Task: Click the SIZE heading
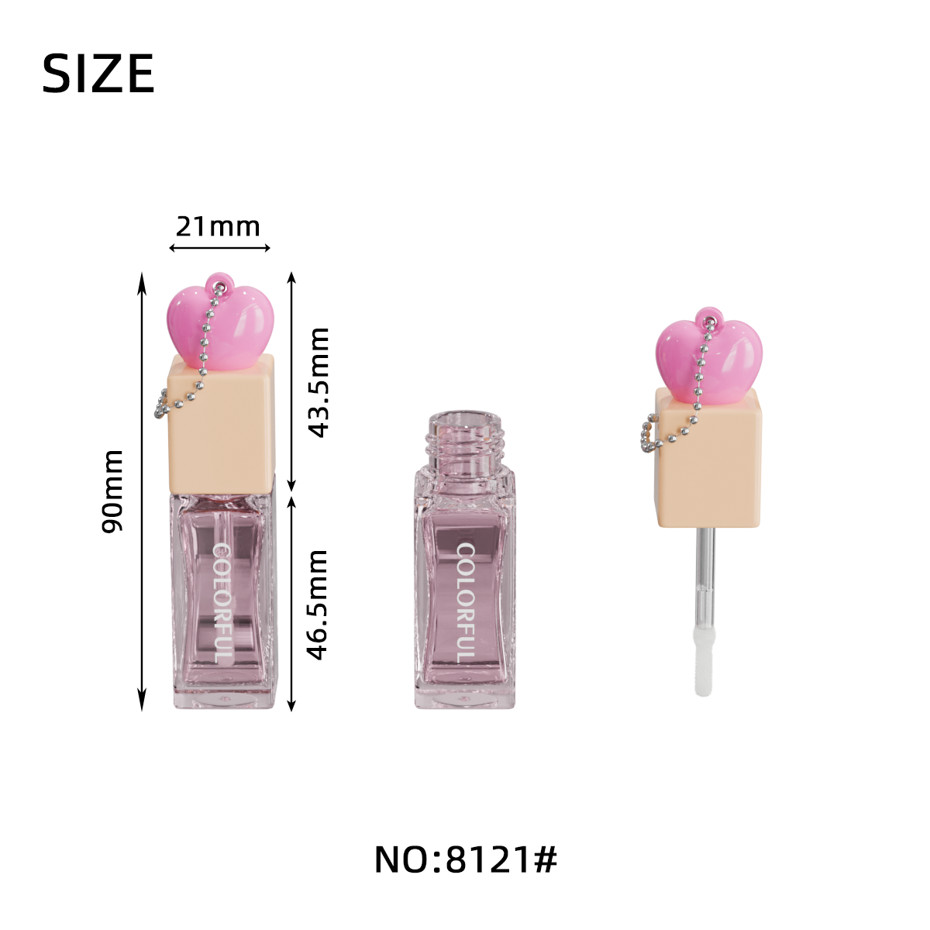click(x=98, y=74)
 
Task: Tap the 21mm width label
click(x=218, y=226)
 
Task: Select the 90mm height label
click(x=112, y=491)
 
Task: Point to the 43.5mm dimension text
click(x=319, y=383)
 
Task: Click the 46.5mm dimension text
click(x=318, y=604)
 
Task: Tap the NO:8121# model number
click(x=466, y=859)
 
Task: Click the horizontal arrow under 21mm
click(x=219, y=248)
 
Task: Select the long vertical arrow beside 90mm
click(x=142, y=491)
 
